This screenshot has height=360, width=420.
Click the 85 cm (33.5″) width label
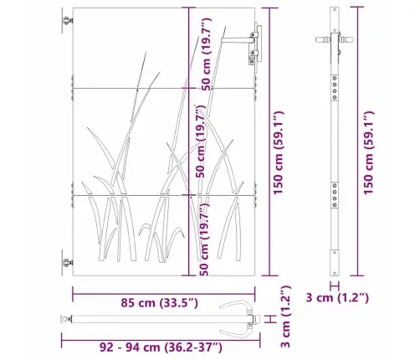tap(159, 302)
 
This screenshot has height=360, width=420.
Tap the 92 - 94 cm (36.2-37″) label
tap(161, 347)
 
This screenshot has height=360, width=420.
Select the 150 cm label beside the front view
tap(278, 152)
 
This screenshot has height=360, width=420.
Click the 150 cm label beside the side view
tap(368, 152)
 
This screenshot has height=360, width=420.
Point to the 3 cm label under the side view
tap(337, 297)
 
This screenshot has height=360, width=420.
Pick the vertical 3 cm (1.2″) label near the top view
tap(285, 316)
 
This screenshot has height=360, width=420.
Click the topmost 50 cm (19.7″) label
tap(206, 54)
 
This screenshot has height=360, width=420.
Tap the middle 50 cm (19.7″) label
tap(200, 141)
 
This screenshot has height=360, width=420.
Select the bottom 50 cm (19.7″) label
tap(204, 239)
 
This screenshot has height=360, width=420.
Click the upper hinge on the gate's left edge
tap(67, 20)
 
